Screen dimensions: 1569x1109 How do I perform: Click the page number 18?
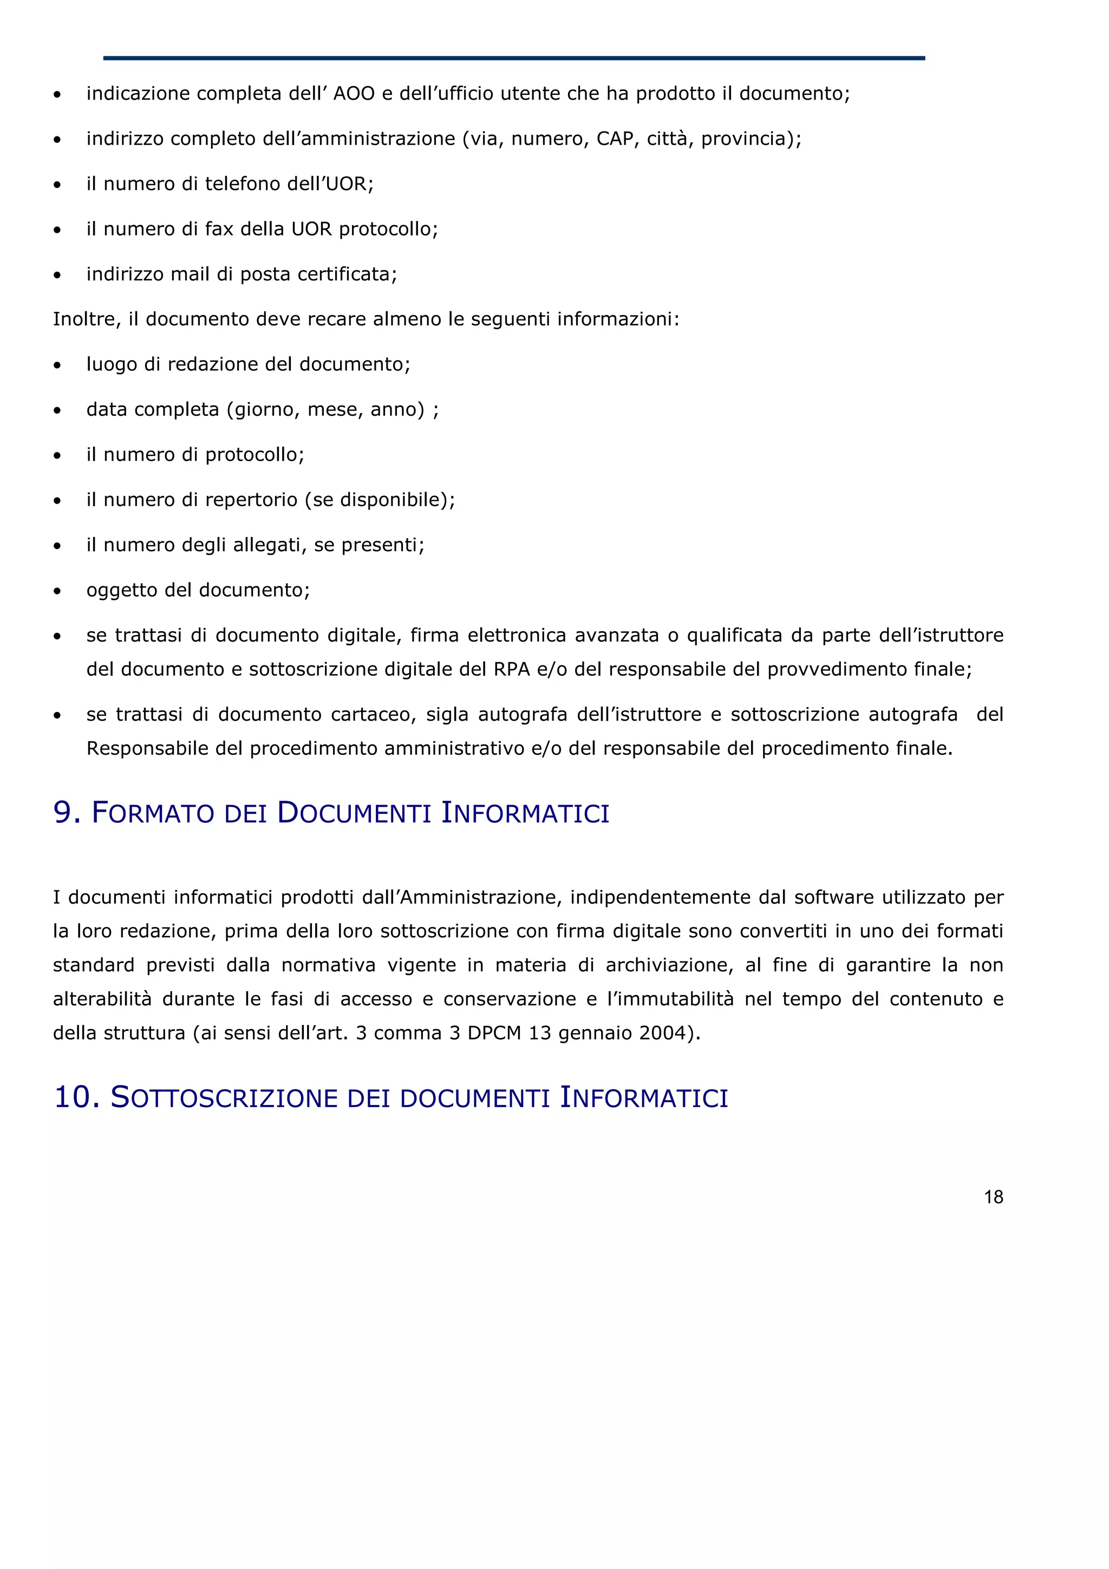click(993, 1197)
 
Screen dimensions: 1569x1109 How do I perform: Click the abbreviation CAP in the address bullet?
click(614, 139)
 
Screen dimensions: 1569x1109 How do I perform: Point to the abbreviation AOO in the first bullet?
click(354, 94)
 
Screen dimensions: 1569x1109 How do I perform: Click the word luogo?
click(112, 365)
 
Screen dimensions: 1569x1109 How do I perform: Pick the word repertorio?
click(251, 500)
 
